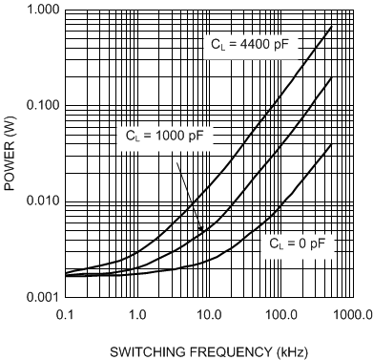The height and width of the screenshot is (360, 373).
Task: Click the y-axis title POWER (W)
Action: tap(10, 153)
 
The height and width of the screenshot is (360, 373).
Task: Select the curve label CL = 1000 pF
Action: tap(165, 137)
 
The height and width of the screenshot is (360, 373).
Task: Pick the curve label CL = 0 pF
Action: tap(297, 244)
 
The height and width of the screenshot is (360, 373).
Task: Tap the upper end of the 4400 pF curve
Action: tap(330, 26)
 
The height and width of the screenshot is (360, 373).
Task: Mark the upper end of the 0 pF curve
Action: tap(330, 144)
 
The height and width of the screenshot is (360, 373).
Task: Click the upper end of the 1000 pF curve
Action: tap(330, 78)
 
